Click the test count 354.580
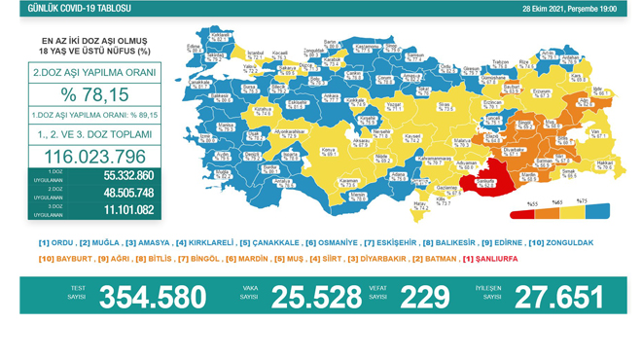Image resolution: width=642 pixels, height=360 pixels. (153, 296)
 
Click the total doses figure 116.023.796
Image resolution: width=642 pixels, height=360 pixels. (89, 157)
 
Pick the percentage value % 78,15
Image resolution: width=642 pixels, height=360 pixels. (89, 95)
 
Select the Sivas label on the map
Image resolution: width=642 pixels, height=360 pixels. (444, 103)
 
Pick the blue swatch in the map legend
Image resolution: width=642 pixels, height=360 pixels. (597, 210)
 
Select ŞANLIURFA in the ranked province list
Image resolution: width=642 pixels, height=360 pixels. (495, 259)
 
